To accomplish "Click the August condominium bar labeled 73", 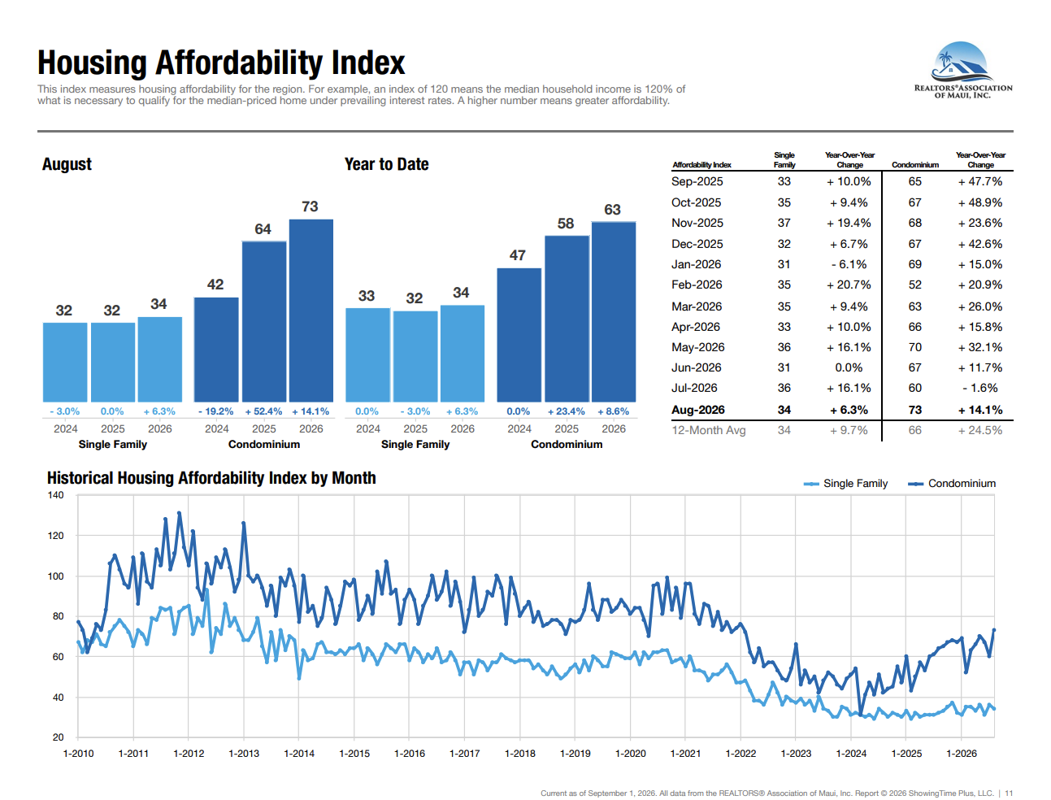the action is point(311,311).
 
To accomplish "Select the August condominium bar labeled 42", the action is point(216,350).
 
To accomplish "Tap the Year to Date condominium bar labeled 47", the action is point(519,335).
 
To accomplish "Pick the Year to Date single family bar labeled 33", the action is point(367,354).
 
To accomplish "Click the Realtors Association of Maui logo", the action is point(963,70).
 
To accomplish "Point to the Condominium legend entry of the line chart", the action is point(951,484).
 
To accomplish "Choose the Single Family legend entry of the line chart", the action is point(845,484).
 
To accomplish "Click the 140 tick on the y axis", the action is point(55,495).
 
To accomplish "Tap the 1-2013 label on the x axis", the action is point(244,753).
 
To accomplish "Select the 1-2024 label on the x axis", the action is point(851,753).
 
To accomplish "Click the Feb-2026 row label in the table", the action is point(697,285).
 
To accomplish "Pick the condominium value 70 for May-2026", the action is point(914,347).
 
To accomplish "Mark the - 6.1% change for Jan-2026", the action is point(849,264).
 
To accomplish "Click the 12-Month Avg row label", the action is point(709,430).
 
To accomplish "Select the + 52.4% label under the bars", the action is point(263,411).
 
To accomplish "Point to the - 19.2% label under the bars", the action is point(215,411).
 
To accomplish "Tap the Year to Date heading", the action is point(386,164).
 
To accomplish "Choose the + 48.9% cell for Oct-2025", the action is point(980,202).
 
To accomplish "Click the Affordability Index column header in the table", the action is point(701,165).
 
